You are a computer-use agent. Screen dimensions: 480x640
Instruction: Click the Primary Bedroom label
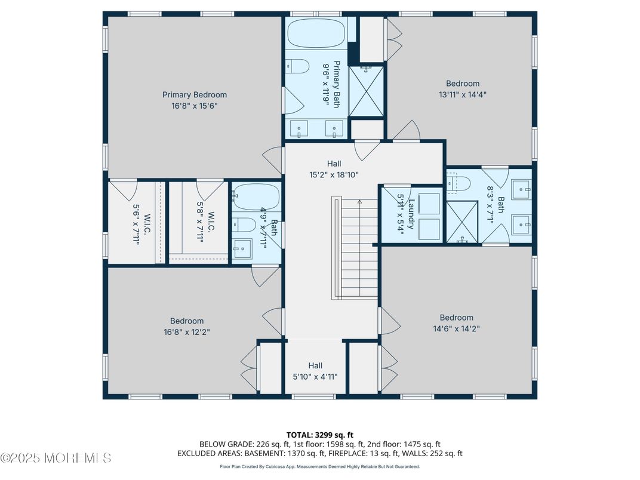[195, 94]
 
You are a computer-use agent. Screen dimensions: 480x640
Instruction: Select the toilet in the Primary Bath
[297, 66]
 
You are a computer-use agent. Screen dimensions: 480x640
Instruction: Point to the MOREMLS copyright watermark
[56, 459]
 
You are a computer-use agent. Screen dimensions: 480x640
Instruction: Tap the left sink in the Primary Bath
[299, 128]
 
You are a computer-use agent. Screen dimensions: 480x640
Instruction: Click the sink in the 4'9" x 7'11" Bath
[242, 248]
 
